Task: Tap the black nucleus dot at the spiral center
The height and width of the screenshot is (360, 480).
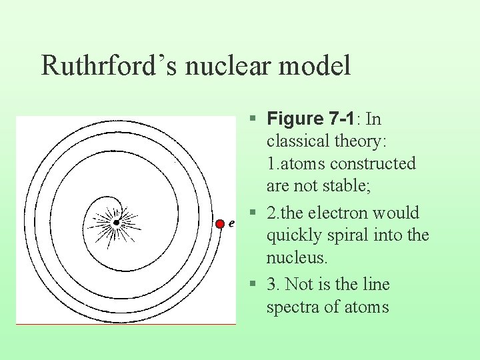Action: click(117, 222)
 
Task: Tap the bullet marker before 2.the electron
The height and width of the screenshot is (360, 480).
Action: click(252, 213)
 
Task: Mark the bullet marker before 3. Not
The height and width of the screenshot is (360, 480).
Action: click(252, 285)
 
